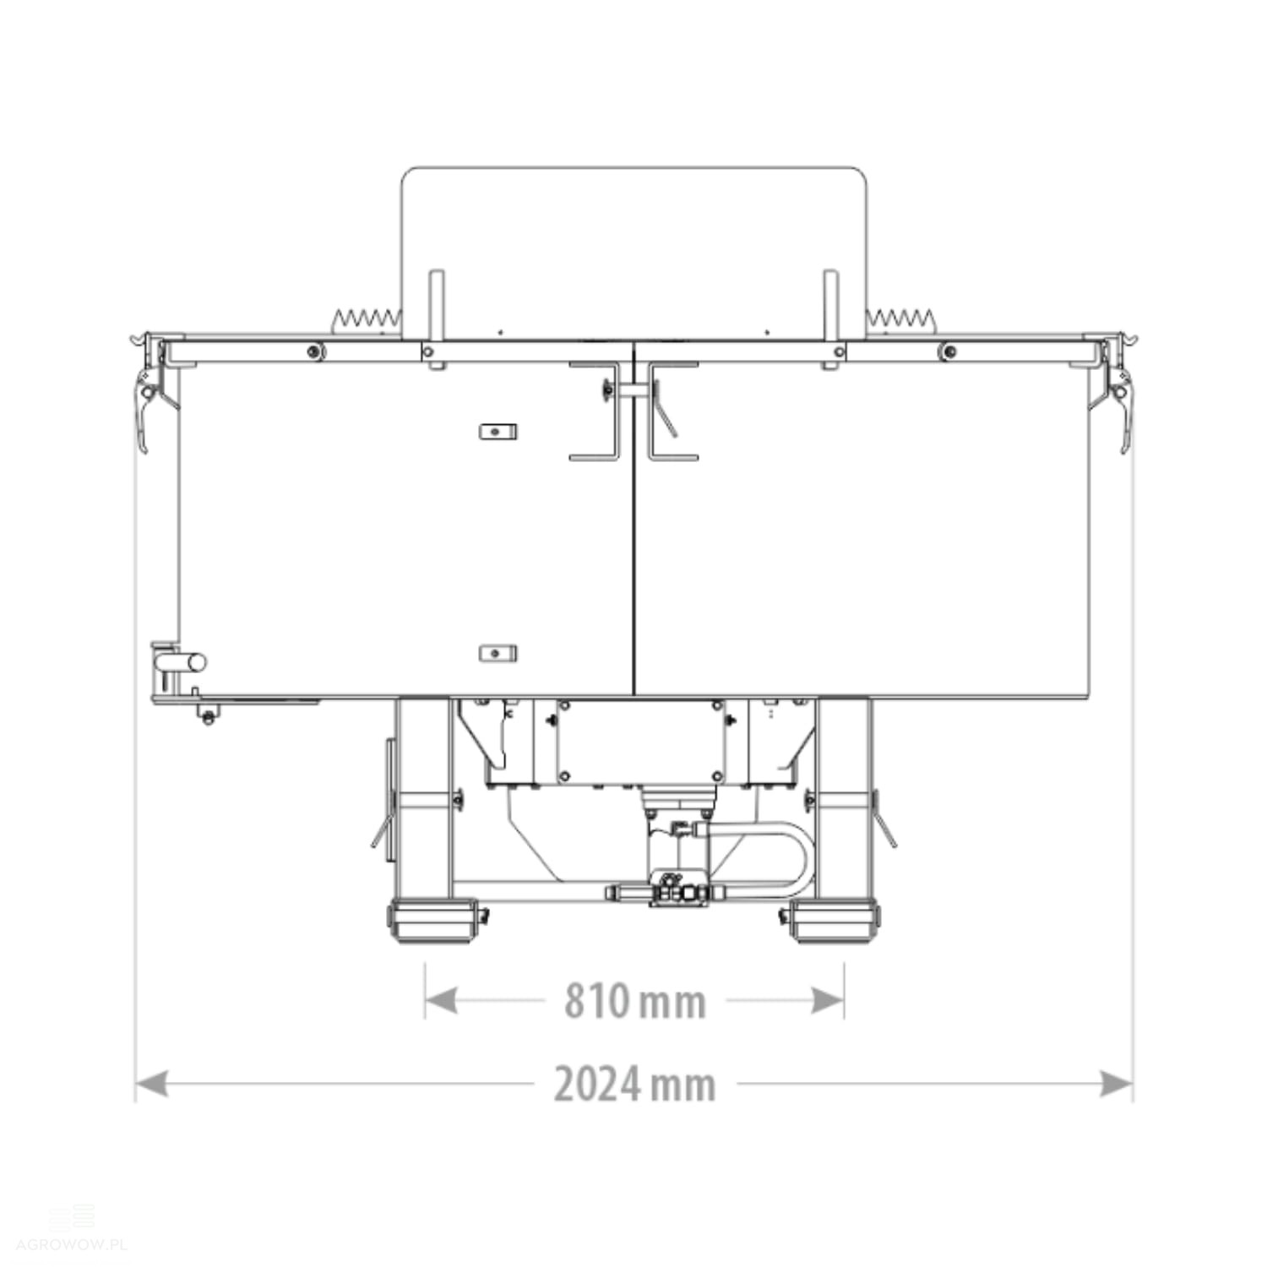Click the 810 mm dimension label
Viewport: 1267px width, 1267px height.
click(x=635, y=1002)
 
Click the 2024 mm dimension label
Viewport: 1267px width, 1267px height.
click(x=635, y=1085)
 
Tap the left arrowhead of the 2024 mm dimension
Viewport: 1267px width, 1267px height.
click(x=152, y=1084)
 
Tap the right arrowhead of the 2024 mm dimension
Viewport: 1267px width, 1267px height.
click(x=1116, y=1084)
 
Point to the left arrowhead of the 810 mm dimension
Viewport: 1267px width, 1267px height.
click(x=441, y=1001)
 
